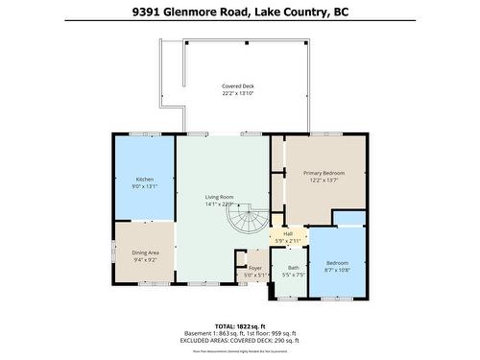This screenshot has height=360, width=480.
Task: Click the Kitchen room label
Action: (145, 180)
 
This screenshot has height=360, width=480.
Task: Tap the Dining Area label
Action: (145, 252)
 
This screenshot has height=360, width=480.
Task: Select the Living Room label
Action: (220, 197)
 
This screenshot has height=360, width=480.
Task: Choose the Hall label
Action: (287, 233)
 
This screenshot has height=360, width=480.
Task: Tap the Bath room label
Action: (293, 268)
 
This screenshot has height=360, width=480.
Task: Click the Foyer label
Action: (255, 268)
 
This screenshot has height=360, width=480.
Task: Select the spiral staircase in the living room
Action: (245, 223)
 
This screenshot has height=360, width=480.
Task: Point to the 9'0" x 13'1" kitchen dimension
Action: (145, 187)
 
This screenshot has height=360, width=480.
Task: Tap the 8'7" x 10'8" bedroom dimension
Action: (337, 270)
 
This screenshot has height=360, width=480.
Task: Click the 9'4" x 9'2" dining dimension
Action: (145, 259)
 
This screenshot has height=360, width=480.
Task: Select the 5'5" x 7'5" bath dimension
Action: (293, 276)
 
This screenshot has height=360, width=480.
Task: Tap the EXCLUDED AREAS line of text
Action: (240, 339)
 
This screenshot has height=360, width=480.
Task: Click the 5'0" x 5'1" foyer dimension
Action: (255, 276)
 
